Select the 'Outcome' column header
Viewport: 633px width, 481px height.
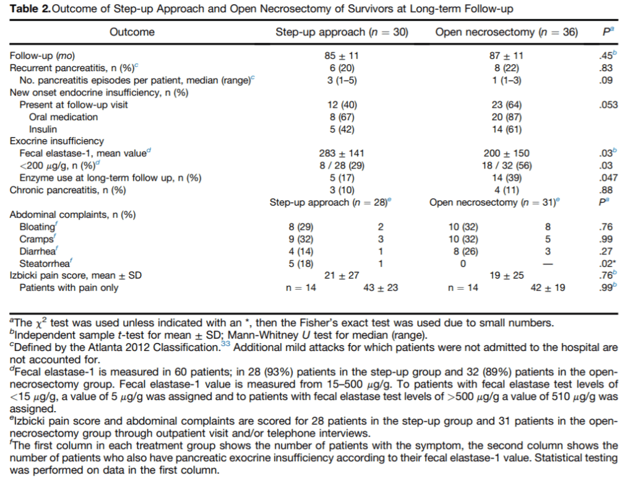pyautogui.click(x=132, y=32)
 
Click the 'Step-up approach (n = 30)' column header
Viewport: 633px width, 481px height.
pyautogui.click(x=342, y=32)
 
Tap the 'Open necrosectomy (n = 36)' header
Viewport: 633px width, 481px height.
pyautogui.click(x=507, y=32)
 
